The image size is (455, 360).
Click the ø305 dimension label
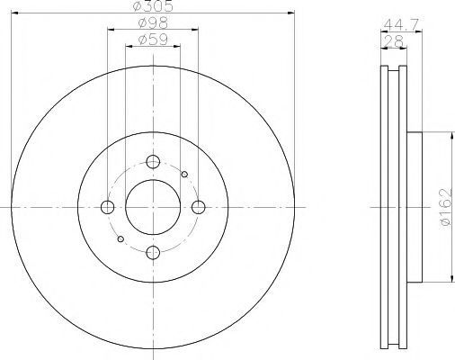click(153, 6)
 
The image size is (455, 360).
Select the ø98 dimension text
click(153, 22)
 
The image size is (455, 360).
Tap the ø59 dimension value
click(153, 40)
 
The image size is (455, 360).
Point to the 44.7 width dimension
click(401, 24)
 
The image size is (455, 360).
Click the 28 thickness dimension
click(394, 41)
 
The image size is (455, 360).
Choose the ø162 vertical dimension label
click(446, 207)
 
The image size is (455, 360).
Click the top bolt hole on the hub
click(153, 162)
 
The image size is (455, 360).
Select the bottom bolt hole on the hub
click(153, 252)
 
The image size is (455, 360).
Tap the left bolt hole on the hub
click(108, 207)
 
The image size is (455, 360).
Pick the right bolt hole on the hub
click(199, 207)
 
